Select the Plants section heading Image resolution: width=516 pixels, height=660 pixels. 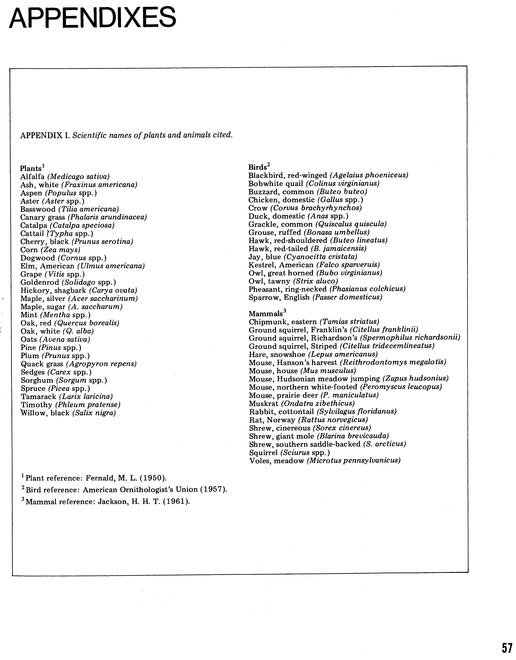31,168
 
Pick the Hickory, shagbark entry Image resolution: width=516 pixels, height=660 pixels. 79,290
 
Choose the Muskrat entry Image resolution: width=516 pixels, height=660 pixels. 301,403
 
